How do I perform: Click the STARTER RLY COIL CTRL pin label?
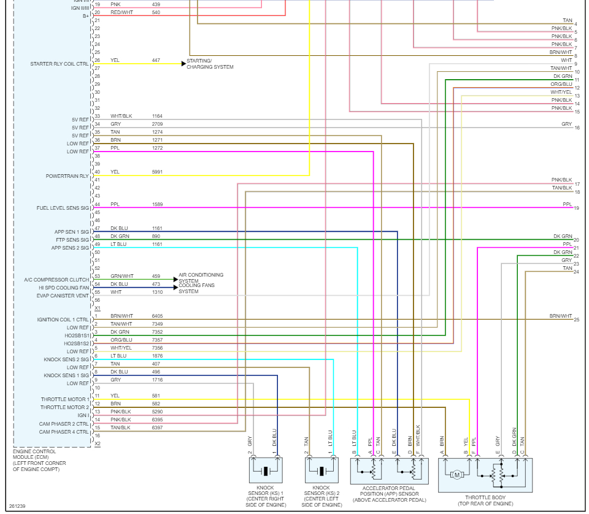60,64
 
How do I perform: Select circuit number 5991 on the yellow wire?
158,172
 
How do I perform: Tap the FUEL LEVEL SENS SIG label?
63,208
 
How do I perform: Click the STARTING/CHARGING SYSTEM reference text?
210,64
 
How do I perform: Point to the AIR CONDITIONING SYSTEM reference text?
201,278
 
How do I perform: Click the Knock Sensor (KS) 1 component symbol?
266,471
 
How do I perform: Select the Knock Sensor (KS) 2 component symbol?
321,471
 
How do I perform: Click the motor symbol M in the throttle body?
456,475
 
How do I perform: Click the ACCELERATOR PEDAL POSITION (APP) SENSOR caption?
389,494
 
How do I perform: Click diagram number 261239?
17,506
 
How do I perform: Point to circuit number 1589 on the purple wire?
158,204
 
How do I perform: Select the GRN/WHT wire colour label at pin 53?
121,276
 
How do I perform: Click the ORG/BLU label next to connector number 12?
561,84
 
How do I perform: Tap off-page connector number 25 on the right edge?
577,320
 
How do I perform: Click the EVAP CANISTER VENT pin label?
63,296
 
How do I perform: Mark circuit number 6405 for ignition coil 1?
158,316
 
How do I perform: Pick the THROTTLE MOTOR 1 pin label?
65,399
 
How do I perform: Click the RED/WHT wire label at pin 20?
121,12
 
